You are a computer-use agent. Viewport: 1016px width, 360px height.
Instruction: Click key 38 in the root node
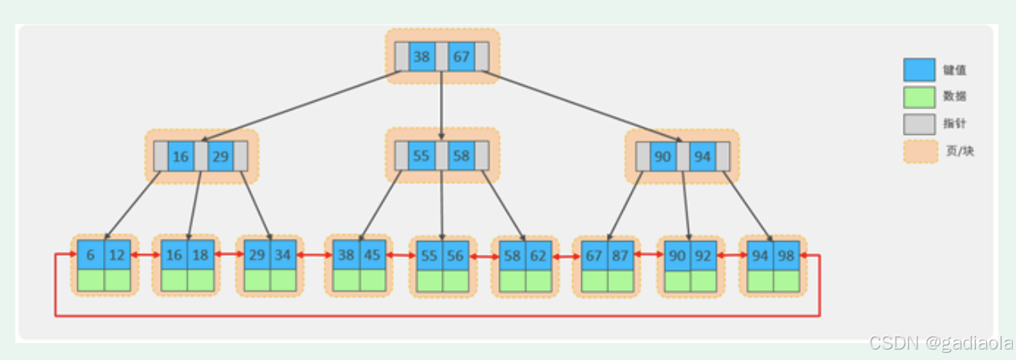pos(422,57)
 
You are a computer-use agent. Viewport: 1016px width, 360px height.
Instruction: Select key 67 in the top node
pos(461,57)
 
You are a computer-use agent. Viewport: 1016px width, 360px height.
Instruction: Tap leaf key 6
pos(91,255)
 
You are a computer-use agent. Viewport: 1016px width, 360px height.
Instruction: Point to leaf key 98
pos(785,255)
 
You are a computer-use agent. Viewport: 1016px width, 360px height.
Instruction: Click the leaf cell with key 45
pos(373,255)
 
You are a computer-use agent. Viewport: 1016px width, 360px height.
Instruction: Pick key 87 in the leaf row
pos(620,255)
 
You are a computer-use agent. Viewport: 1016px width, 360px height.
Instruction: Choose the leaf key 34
pos(284,255)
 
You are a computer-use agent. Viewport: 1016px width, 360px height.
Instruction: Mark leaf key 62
pos(539,255)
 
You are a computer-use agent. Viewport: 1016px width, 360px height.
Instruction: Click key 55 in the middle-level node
pos(422,156)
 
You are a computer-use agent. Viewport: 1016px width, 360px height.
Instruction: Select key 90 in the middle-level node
pos(662,157)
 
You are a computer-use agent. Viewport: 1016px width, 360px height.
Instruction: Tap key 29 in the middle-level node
pos(220,157)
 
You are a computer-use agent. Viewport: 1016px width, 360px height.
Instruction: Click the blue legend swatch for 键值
pos(919,70)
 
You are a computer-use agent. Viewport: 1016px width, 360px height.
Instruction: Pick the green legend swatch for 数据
pos(919,96)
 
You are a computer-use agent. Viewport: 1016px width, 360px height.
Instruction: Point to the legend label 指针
pos(955,123)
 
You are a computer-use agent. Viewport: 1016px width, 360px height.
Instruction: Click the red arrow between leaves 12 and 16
pos(145,255)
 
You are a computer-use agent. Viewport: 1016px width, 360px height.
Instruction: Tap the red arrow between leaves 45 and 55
pos(399,255)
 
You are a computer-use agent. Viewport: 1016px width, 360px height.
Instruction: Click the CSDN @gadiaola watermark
pos(940,343)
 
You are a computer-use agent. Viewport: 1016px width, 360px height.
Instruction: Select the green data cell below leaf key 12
pos(117,280)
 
